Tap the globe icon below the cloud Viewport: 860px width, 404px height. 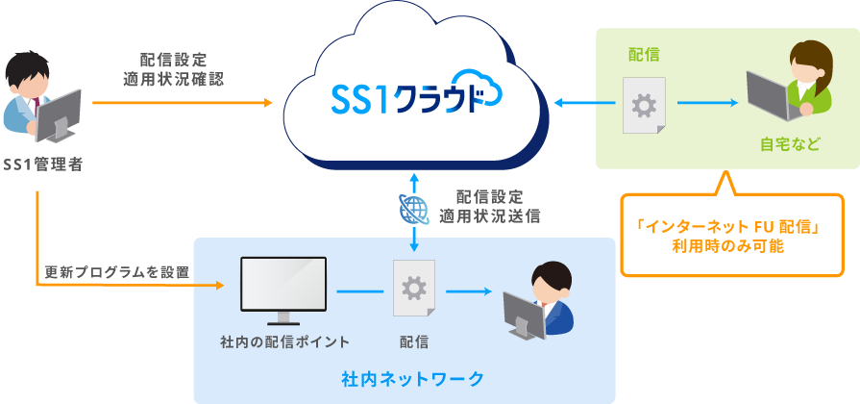413,208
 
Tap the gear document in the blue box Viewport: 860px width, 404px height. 414,288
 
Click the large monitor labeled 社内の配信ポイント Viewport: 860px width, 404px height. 283,288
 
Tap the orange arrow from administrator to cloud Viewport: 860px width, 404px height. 183,101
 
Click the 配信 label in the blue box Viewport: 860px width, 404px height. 414,341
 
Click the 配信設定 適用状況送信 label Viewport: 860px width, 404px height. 490,206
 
